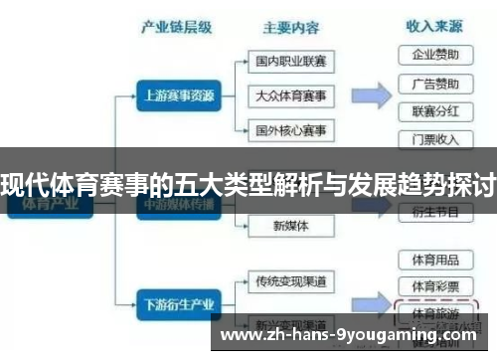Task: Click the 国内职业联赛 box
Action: click(x=290, y=62)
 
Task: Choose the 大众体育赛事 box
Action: click(x=290, y=96)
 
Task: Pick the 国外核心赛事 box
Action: click(x=290, y=130)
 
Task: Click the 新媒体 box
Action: click(x=290, y=226)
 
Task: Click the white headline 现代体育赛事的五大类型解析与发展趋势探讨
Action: click(x=248, y=183)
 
